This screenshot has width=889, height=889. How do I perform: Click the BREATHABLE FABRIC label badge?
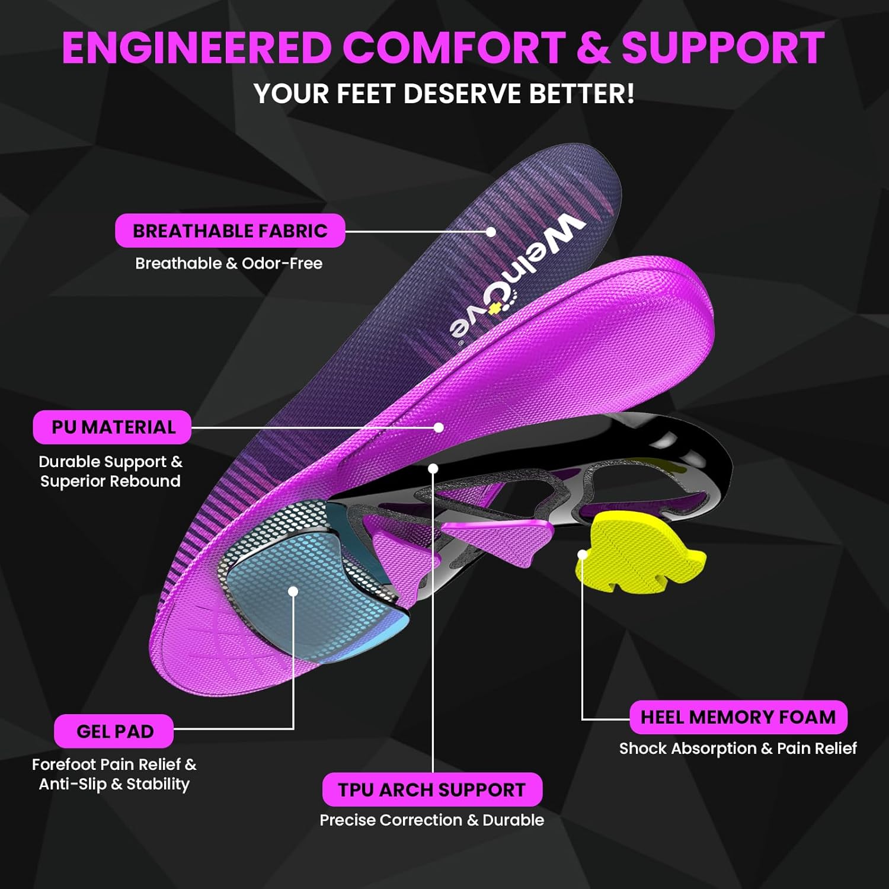click(230, 231)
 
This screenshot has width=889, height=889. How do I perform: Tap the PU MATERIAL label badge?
click(112, 427)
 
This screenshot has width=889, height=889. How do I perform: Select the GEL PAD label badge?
click(114, 731)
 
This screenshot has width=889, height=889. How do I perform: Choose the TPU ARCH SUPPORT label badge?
click(432, 789)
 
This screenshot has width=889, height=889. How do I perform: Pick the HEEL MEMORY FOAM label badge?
click(738, 717)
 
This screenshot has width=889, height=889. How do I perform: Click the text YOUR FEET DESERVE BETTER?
click(444, 94)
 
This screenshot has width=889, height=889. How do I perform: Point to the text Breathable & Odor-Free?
click(229, 263)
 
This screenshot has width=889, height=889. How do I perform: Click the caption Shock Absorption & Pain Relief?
click(738, 749)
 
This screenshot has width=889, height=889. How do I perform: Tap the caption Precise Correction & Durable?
click(431, 820)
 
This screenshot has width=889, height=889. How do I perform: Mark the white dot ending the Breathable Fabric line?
click(491, 231)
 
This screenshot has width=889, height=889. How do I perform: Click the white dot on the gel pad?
click(293, 591)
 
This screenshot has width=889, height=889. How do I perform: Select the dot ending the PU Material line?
click(439, 427)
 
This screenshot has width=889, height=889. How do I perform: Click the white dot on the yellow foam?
click(583, 555)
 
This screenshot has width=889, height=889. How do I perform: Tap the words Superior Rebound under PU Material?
click(110, 481)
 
